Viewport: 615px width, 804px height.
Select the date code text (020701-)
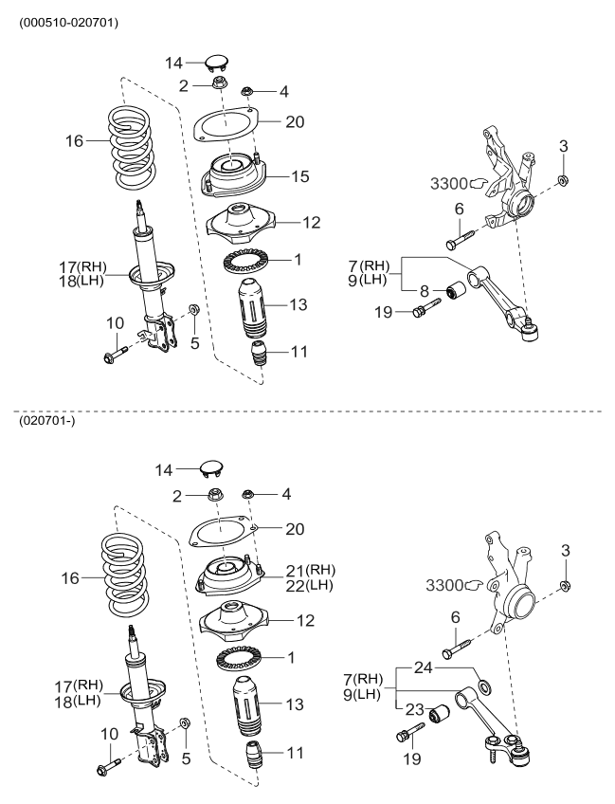43,421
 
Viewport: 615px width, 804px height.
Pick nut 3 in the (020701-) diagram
565,585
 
